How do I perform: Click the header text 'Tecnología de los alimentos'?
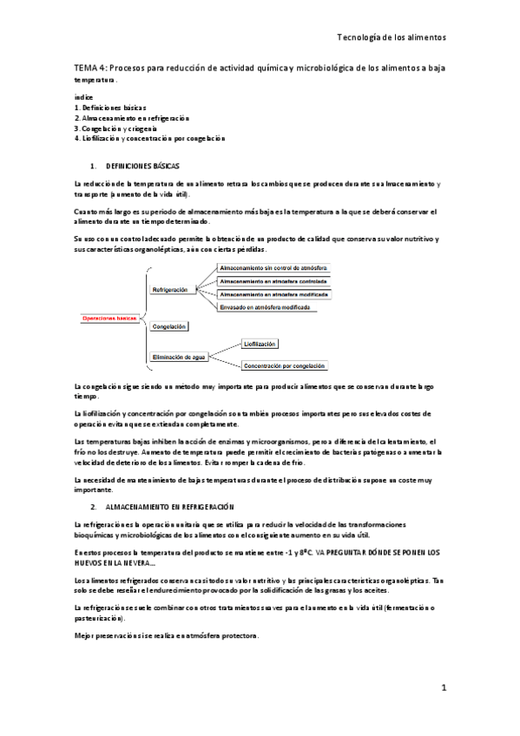pos(392,38)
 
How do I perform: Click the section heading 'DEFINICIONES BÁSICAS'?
pos(142,165)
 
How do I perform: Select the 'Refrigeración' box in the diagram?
pos(170,289)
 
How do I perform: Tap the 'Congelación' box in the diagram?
pos(169,327)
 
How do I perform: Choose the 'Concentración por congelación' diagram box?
pos(285,366)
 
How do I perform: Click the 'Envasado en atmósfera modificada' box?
pos(267,307)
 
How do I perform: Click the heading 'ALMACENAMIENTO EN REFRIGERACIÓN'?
pos(171,505)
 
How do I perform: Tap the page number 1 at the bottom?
pos(443,688)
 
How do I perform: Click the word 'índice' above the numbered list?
pos(83,96)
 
